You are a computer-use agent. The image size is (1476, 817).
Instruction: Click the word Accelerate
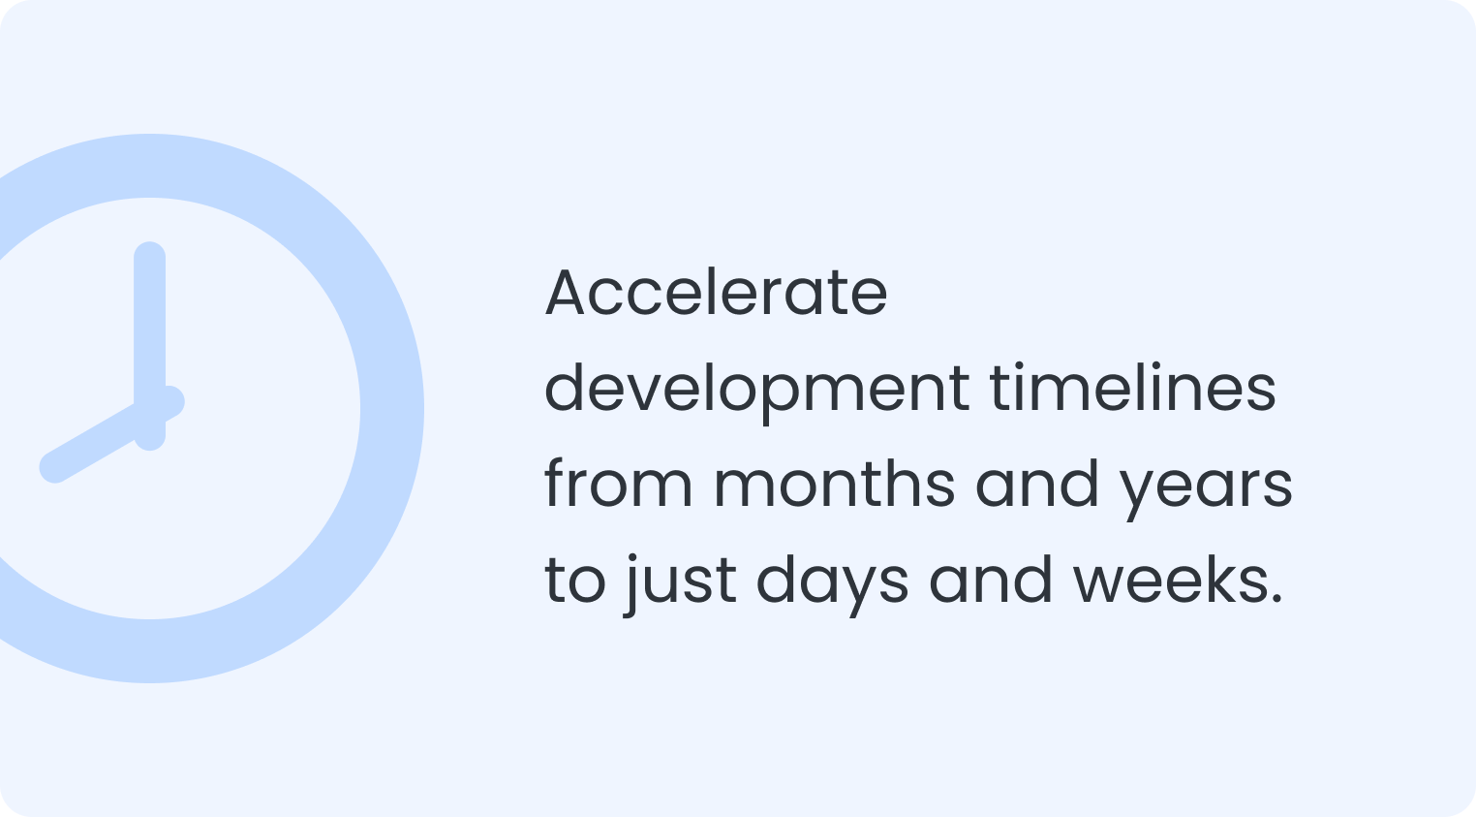(x=717, y=293)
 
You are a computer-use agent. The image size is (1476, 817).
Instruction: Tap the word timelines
(x=1133, y=388)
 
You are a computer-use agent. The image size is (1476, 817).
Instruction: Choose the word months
(x=834, y=484)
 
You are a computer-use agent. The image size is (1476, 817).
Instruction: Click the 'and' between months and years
(x=1037, y=484)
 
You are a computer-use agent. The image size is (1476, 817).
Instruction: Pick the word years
(x=1207, y=489)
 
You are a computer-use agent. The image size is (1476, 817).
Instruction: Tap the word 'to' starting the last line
(x=574, y=581)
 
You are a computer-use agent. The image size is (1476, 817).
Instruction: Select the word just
(x=680, y=586)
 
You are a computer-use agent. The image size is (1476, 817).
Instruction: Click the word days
(x=833, y=585)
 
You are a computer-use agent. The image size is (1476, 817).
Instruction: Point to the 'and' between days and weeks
(x=991, y=580)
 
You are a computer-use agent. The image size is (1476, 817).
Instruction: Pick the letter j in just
(x=630, y=586)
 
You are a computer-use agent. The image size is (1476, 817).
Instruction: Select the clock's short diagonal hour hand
(x=112, y=434)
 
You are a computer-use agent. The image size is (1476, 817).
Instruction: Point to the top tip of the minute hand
(x=149, y=243)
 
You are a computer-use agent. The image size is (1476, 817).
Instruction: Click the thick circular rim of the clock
(x=392, y=409)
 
